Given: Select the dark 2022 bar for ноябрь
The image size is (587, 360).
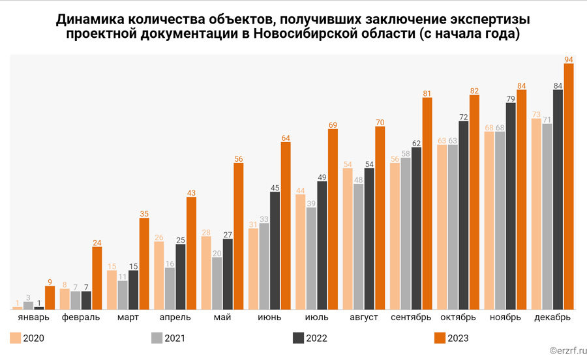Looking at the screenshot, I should (511, 206).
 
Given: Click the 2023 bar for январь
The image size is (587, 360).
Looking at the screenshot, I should (50, 297).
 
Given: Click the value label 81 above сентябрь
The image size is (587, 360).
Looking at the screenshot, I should (427, 93).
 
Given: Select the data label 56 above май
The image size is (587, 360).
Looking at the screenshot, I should (238, 158).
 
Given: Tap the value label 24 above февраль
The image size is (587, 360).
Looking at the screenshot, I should (97, 243).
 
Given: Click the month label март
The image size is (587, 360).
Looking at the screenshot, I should (128, 318).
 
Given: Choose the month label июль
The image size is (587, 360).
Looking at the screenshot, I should (316, 318).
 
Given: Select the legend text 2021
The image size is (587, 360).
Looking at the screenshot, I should (175, 338).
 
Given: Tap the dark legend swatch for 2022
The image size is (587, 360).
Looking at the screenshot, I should (299, 338).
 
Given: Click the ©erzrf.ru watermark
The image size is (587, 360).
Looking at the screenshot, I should (564, 351).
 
